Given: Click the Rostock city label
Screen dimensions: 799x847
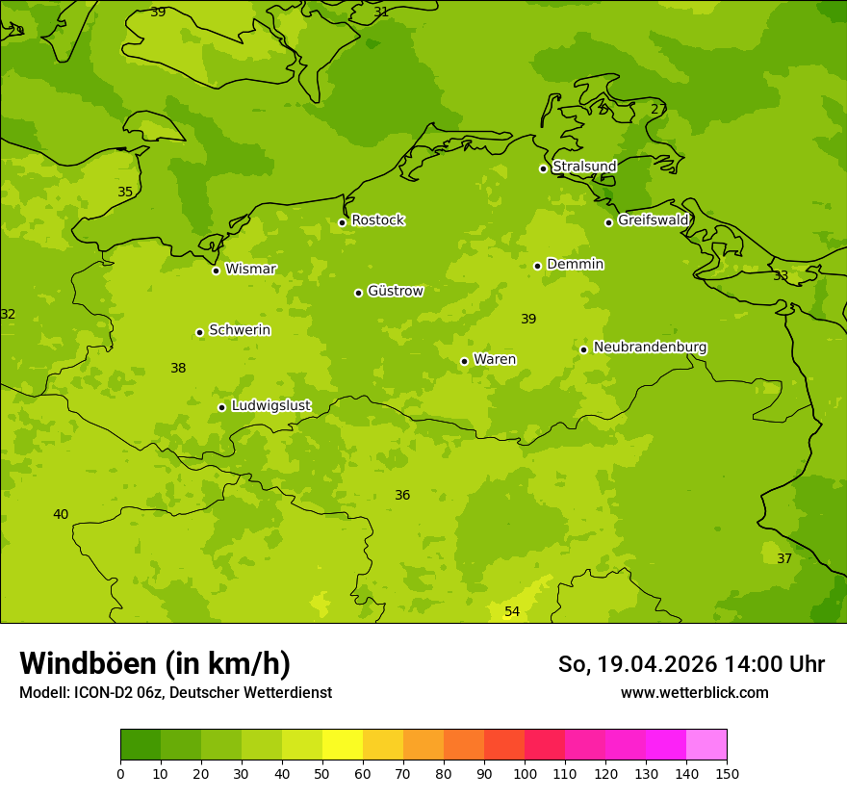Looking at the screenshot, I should tap(377, 220).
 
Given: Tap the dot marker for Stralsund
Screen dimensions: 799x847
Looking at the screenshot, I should tap(543, 168).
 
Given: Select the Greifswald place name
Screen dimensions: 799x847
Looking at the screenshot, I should tap(653, 220).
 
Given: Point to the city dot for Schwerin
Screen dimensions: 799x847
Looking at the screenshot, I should tap(199, 332).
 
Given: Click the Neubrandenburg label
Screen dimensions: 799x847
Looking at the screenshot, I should tap(650, 348).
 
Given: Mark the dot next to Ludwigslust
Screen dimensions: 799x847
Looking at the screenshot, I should tap(221, 407).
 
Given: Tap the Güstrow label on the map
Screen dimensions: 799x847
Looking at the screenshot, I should tap(395, 291).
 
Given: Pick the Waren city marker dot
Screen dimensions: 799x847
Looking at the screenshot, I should tap(464, 361).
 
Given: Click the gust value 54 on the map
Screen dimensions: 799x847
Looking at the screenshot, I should tap(512, 612).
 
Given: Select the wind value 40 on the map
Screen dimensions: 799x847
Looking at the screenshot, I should tap(61, 515).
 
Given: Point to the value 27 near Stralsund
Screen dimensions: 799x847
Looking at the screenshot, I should tap(658, 110).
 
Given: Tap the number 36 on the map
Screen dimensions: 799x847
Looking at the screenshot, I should tap(402, 496).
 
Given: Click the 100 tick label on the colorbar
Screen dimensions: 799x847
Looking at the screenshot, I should tap(525, 774).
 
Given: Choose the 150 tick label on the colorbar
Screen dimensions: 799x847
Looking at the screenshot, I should tap(727, 774).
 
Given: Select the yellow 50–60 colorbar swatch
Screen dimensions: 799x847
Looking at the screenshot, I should tap(343, 745).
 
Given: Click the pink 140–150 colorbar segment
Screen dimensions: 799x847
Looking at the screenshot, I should tap(706, 745).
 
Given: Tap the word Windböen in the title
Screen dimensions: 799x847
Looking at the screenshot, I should tap(88, 664).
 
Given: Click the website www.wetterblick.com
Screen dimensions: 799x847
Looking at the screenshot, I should tap(694, 693).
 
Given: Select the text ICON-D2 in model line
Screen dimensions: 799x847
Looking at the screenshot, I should tap(100, 693).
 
